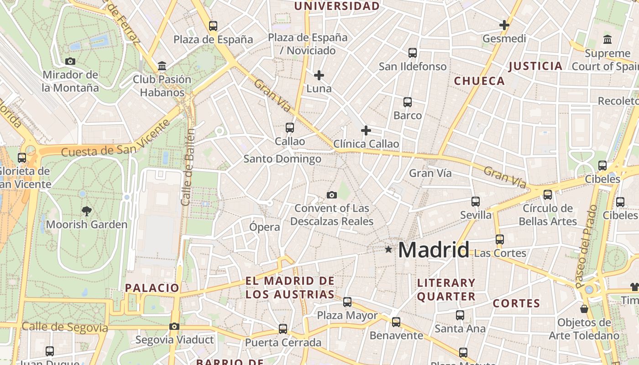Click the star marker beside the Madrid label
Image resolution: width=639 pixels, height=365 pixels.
[x=388, y=249]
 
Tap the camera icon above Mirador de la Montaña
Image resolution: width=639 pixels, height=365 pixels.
[x=70, y=61]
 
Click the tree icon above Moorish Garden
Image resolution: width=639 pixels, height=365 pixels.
[x=86, y=211]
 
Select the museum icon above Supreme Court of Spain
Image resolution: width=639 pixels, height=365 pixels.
[x=608, y=40]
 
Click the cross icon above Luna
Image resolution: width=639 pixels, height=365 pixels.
[x=319, y=75]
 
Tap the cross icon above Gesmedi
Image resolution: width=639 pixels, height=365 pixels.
[x=504, y=25]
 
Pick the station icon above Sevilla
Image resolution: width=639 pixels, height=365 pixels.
[x=476, y=201]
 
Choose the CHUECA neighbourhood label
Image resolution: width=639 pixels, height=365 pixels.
[x=479, y=81]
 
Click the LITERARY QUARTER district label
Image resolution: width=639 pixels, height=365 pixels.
[x=446, y=290]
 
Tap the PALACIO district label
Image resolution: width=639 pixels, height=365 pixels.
[x=152, y=288]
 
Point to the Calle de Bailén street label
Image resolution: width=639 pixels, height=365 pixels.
[x=188, y=167]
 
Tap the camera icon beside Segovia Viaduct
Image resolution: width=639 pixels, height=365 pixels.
[x=174, y=326]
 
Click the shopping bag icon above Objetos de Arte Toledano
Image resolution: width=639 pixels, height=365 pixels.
[x=584, y=309]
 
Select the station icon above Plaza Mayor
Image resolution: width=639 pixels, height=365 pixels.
[x=347, y=302]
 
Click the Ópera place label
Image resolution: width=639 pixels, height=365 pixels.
[x=265, y=227]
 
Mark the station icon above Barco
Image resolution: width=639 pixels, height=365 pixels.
[x=408, y=102]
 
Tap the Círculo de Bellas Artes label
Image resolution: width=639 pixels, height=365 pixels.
[x=547, y=215]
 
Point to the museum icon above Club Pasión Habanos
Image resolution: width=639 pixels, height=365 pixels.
[x=162, y=66]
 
